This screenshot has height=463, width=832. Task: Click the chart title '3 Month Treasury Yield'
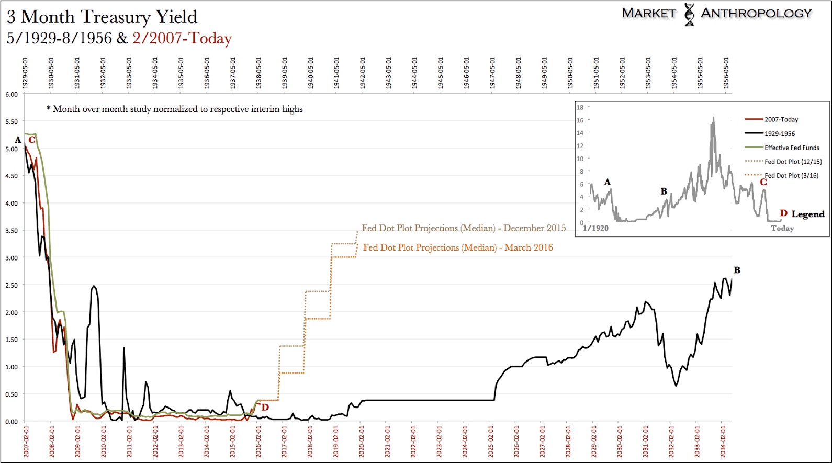tap(102, 17)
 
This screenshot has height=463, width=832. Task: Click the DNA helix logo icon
tap(689, 14)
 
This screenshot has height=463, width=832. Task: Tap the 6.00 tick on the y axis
tap(12, 94)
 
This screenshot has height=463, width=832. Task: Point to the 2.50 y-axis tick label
tap(12, 285)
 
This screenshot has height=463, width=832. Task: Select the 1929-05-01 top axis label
tap(25, 73)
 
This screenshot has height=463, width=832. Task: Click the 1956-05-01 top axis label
tap(726, 73)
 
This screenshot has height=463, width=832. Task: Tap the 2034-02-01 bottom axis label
tap(723, 442)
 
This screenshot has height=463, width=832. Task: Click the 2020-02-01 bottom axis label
tap(362, 442)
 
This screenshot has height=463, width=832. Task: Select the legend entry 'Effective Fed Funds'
tap(792, 148)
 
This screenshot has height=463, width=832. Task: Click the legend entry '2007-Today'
tap(781, 119)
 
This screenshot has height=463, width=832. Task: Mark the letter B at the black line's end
tap(737, 270)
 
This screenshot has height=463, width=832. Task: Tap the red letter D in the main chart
tap(265, 408)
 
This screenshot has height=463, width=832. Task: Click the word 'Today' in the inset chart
tap(782, 228)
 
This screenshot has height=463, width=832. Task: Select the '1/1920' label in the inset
tap(596, 228)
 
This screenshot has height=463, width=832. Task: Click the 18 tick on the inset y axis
tap(580, 107)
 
